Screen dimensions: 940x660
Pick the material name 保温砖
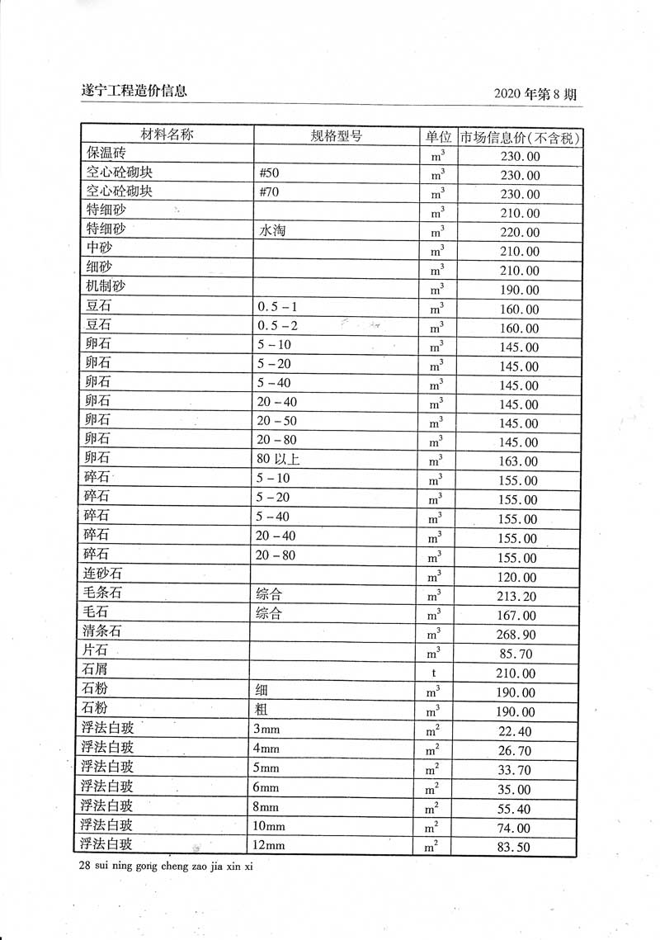[x=105, y=154]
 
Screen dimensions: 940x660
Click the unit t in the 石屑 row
[x=434, y=673]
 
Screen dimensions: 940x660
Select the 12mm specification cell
[x=269, y=845]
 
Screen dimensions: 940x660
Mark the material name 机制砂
[x=105, y=288]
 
